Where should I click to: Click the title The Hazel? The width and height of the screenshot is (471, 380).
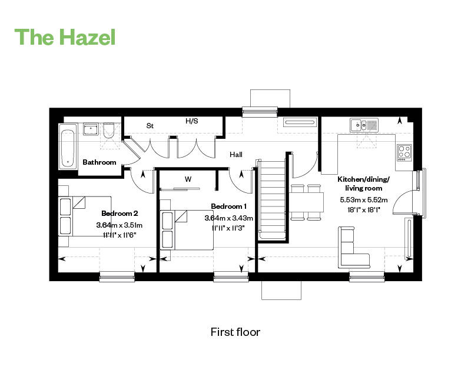pyautogui.click(x=65, y=36)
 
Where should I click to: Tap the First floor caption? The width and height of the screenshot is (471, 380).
pyautogui.click(x=235, y=332)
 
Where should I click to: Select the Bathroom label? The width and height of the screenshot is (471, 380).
pyautogui.click(x=99, y=162)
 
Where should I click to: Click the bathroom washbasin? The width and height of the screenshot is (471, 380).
pyautogui.click(x=91, y=129)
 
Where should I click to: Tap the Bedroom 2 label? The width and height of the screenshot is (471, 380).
pyautogui.click(x=120, y=214)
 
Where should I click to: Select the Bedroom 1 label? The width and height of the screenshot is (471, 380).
pyautogui.click(x=228, y=206)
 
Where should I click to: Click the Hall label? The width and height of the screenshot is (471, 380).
pyautogui.click(x=236, y=154)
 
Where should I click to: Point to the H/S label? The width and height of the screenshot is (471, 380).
pyautogui.click(x=192, y=121)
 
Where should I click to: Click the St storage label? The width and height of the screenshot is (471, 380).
pyautogui.click(x=150, y=125)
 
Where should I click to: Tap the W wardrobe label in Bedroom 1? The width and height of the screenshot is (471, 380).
pyautogui.click(x=188, y=179)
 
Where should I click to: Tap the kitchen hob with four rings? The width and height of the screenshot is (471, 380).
pyautogui.click(x=404, y=152)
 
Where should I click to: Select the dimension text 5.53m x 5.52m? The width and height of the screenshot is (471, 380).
pyautogui.click(x=360, y=200)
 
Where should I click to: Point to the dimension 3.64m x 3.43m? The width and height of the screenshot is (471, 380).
pyautogui.click(x=228, y=218)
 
